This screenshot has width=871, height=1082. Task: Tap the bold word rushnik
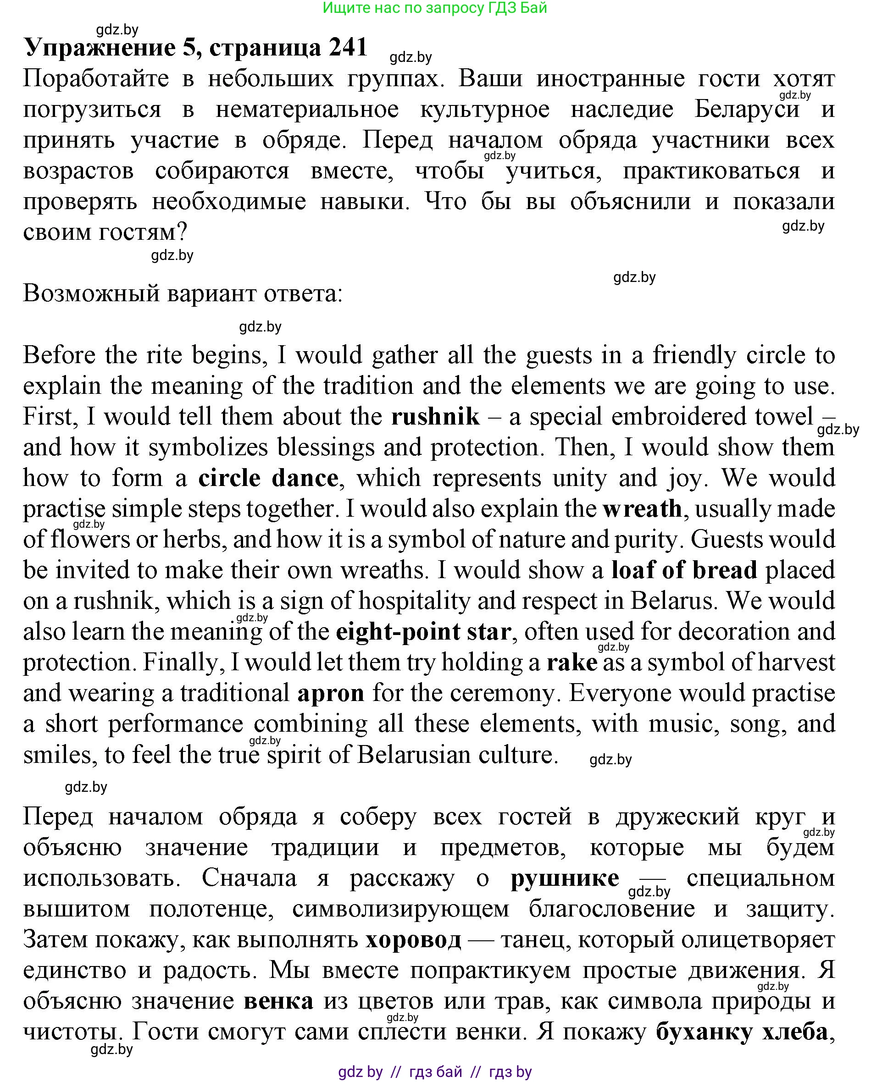coord(435,417)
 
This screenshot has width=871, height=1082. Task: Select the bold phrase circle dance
coord(268,478)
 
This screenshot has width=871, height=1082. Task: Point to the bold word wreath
coord(642,509)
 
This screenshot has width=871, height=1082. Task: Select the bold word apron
coord(331,694)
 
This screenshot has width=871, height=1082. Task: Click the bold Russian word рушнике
coord(564,878)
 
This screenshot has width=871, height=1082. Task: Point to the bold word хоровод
coord(413,939)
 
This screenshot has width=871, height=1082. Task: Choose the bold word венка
coord(278,1001)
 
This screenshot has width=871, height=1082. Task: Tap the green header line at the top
coord(435,8)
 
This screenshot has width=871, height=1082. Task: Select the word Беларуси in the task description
coord(747,110)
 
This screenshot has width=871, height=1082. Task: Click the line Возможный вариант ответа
coord(183,293)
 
